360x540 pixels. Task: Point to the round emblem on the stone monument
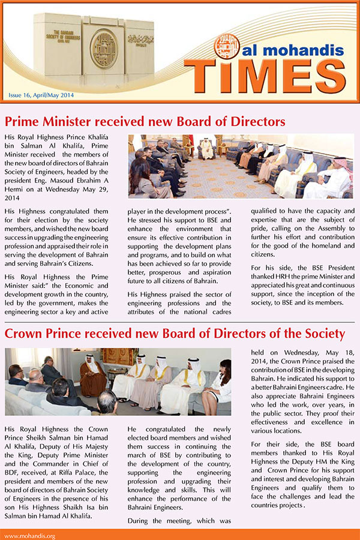103,48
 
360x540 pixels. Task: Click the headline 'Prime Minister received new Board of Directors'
144,122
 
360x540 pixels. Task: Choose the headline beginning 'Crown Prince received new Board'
175,333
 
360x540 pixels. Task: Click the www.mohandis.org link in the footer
30,535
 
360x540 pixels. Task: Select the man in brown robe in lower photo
93,378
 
